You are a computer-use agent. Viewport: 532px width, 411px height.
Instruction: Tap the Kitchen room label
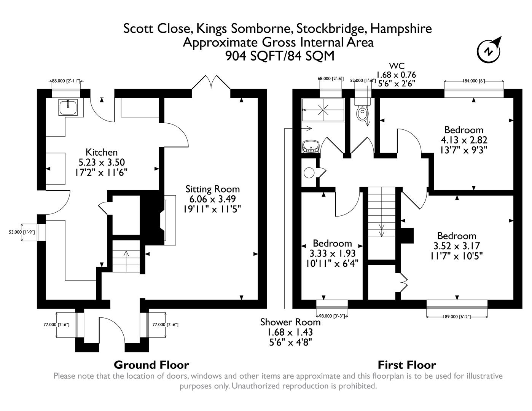click(x=101, y=152)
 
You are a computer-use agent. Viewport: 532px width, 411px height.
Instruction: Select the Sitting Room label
click(x=212, y=189)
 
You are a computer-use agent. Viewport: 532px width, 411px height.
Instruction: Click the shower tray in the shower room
click(x=323, y=110)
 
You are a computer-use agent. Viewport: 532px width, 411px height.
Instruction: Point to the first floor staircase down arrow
click(x=382, y=230)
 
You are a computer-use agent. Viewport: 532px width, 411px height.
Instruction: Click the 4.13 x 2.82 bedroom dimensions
click(x=464, y=140)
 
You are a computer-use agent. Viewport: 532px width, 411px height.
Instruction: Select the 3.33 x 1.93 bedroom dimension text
click(x=332, y=253)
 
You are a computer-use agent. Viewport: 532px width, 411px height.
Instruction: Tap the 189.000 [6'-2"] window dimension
click(x=457, y=316)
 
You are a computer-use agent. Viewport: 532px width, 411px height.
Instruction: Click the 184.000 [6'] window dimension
click(x=473, y=81)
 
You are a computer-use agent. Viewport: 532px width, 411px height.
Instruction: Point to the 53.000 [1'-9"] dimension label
click(x=22, y=232)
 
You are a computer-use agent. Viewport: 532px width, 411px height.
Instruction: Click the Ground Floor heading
click(x=151, y=365)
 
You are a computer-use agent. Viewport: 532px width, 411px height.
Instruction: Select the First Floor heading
click(x=406, y=365)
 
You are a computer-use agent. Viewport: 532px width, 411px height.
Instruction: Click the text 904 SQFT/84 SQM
click(x=280, y=56)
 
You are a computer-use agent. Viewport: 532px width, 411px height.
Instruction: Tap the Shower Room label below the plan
click(x=290, y=322)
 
